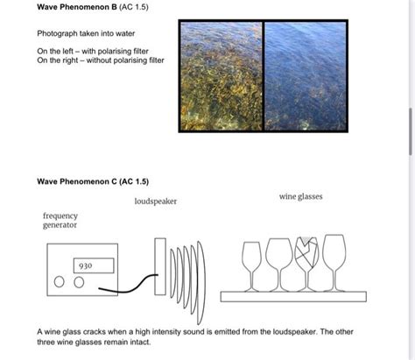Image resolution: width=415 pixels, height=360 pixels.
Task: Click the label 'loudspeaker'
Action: (156, 201)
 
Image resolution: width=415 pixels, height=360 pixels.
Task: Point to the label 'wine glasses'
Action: (301, 197)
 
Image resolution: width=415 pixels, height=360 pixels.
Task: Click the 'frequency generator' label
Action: (60, 220)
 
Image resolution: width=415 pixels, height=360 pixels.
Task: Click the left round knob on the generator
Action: (60, 282)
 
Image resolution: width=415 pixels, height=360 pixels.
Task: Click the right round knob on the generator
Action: (79, 282)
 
